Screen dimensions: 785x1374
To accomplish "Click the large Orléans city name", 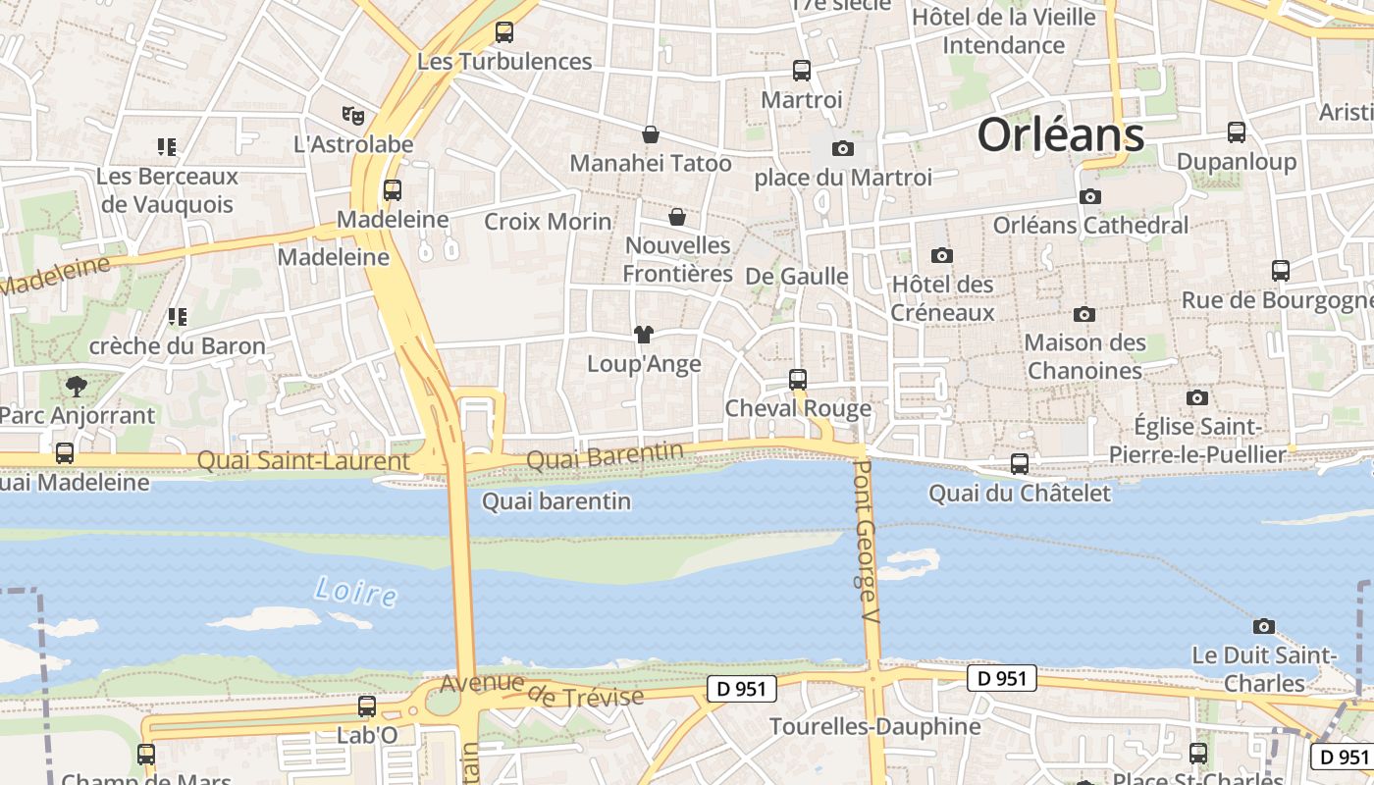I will [1061, 134].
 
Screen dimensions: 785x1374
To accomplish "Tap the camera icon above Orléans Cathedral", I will [1090, 196].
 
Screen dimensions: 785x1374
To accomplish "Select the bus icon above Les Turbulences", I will [504, 32].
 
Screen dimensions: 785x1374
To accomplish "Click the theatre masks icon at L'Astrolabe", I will [353, 116].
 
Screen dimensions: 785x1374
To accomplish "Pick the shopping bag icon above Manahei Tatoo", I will [650, 134].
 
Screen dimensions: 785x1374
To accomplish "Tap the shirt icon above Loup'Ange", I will [643, 335].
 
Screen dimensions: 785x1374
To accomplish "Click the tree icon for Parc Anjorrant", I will [76, 387].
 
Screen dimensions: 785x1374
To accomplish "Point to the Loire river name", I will [355, 591].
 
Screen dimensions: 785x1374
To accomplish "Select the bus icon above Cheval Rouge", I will [798, 380].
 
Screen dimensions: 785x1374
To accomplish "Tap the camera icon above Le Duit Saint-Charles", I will [1264, 626].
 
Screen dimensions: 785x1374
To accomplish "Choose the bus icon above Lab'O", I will [367, 706].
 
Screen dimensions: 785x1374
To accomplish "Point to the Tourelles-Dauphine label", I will [874, 726].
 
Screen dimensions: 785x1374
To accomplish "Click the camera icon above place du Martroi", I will [842, 149].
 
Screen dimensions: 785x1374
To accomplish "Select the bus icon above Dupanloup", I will [1237, 131].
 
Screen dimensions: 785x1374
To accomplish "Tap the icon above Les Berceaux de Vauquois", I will [167, 147].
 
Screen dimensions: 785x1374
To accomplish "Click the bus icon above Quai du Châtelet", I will [1020, 464].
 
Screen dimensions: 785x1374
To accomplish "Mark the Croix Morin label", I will [548, 222].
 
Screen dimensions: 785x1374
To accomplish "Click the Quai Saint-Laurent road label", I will [303, 460].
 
